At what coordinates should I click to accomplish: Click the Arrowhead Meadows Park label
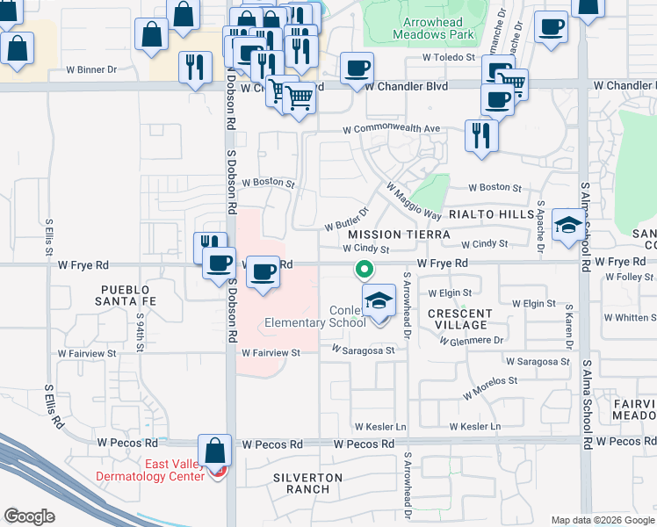(438, 27)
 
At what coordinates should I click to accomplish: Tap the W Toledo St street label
(448, 57)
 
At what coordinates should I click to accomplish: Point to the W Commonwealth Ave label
(391, 128)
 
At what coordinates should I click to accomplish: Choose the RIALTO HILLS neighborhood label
(492, 214)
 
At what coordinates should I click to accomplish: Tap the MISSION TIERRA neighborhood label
(399, 235)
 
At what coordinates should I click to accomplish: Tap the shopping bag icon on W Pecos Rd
(214, 451)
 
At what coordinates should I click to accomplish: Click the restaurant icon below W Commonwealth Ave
(480, 134)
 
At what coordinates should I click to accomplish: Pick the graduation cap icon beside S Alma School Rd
(568, 226)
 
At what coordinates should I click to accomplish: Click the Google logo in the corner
(29, 516)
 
